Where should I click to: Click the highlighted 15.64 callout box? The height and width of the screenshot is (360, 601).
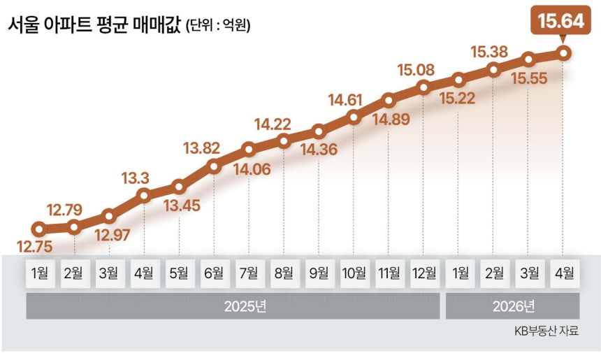coord(560,20)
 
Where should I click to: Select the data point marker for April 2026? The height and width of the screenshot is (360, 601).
coord(564,53)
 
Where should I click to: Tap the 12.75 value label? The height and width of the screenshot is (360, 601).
coord(34,247)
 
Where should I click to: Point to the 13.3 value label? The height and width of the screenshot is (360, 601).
coord(135,178)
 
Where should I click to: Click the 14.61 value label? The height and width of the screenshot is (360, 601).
coord(345,100)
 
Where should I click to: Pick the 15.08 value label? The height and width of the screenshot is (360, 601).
coord(416,70)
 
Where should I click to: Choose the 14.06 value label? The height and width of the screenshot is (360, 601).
coord(252,169)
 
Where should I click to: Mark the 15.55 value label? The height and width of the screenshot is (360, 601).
coord(529,78)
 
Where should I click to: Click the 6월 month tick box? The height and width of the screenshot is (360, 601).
coord(214,273)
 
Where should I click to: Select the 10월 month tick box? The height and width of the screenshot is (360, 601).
coord(354,273)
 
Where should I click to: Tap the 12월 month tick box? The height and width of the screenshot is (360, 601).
coord(424,273)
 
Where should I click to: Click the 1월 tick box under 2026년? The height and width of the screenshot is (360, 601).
coord(460,273)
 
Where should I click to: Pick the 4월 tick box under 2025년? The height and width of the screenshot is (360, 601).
coord(144,273)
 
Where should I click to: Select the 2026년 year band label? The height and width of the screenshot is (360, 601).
coord(513,306)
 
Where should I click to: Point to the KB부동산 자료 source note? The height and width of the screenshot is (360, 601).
coord(546,331)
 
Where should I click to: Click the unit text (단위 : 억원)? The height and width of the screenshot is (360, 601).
coord(218,26)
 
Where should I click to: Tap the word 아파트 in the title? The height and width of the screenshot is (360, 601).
coord(68,25)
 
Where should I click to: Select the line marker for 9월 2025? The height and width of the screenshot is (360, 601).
coord(319,132)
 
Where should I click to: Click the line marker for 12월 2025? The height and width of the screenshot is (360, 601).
coord(423,87)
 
